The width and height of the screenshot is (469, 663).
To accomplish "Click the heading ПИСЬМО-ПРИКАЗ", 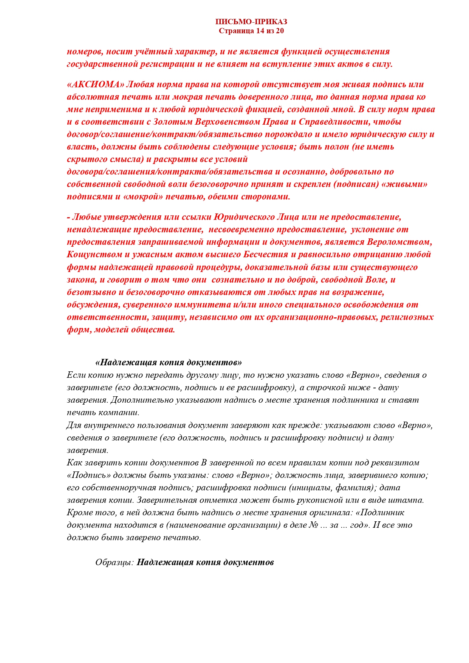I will point(251,22).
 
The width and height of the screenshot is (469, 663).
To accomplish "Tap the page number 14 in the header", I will point(260,31).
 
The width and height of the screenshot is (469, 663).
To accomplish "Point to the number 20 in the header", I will point(280,31).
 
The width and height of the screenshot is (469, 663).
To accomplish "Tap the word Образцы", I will point(115,562).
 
